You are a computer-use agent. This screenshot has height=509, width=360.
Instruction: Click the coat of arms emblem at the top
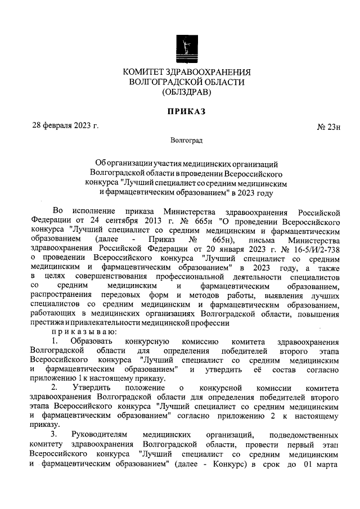coord(186,48)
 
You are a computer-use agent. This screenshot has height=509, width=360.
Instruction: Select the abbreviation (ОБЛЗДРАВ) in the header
coord(186,92)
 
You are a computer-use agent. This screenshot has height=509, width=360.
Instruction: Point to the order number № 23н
coord(330,127)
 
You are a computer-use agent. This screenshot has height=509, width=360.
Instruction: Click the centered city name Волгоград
coord(186,141)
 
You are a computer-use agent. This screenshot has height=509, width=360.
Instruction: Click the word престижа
coord(48,323)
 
